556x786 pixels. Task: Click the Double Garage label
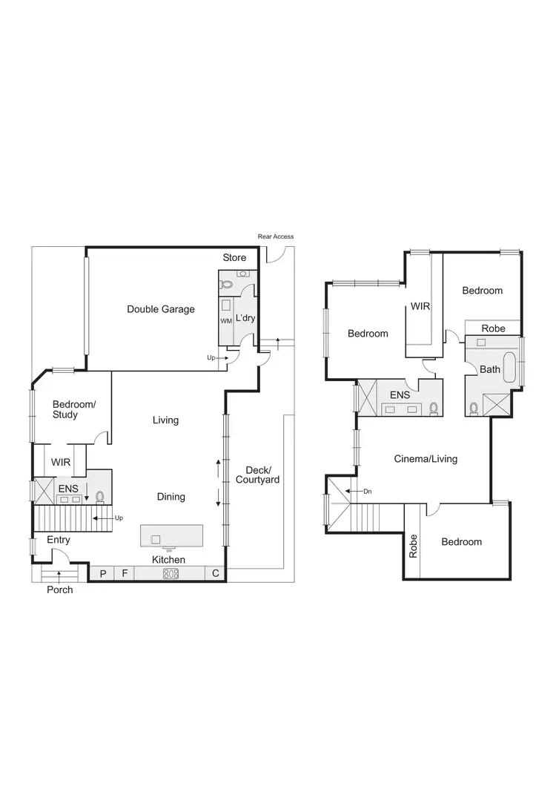(161, 309)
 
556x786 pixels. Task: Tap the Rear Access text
(276, 237)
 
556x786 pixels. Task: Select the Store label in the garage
(234, 258)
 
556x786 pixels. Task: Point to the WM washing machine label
(225, 320)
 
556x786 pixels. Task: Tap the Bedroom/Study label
(73, 409)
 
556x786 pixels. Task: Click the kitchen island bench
(172, 535)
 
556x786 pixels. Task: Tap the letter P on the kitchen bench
(103, 573)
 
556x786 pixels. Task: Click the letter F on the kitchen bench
(125, 573)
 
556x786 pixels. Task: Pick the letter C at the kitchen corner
(216, 573)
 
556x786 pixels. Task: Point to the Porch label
(60, 590)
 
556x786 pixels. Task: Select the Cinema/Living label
(426, 459)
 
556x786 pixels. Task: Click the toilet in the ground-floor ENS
(99, 496)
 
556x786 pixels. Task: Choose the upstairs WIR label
(420, 306)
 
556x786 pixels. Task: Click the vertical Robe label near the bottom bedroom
(414, 546)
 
